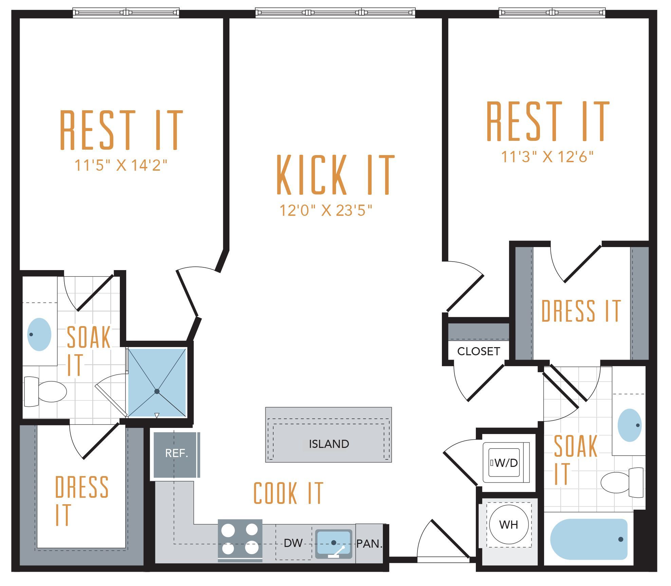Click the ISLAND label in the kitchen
(329, 444)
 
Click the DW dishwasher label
(293, 543)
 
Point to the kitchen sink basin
(334, 544)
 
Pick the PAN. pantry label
(369, 544)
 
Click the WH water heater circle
(509, 525)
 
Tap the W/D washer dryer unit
(506, 462)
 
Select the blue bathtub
(589, 539)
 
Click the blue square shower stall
(157, 382)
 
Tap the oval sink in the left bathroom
(39, 334)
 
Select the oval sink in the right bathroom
(630, 425)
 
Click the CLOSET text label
(479, 351)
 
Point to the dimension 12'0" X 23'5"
(326, 210)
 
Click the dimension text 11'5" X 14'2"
(121, 165)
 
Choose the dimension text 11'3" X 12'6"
(547, 156)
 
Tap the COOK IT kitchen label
(288, 493)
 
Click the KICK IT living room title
(336, 175)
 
